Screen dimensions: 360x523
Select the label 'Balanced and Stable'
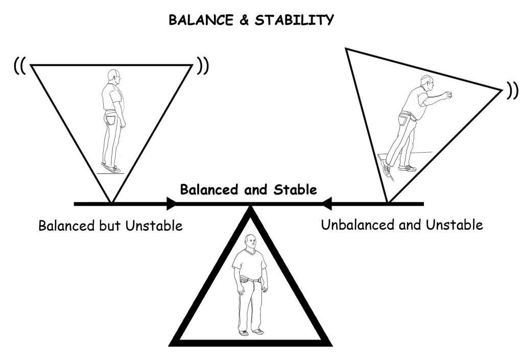tap(249, 190)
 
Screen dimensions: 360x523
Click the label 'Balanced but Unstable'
tap(110, 225)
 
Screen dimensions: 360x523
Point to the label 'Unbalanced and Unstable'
tap(402, 225)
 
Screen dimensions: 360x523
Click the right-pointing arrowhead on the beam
tap(172, 204)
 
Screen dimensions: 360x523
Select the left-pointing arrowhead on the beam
tap(327, 204)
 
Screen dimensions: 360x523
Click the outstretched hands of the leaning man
tap(448, 95)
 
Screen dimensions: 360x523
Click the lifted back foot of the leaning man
tap(386, 166)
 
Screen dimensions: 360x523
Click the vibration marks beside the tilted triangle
tap(512, 91)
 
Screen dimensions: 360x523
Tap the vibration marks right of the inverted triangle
tap(203, 67)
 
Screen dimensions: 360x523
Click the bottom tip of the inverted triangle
tap(111, 202)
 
